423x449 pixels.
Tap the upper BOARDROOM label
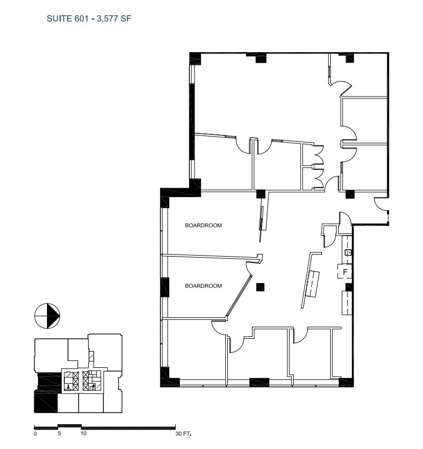coord(203,226)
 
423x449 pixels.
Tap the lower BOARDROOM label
coord(203,286)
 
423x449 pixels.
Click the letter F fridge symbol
coord(345,272)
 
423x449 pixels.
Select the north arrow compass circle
coord(47,316)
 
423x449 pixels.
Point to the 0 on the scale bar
coord(35,434)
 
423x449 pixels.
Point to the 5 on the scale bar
coord(59,434)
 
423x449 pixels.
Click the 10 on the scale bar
coord(83,434)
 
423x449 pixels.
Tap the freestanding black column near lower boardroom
coord(259,287)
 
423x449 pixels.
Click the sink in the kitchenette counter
coord(348,253)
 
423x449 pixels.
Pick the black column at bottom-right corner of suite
coord(346,382)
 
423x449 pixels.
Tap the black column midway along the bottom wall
coord(259,382)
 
